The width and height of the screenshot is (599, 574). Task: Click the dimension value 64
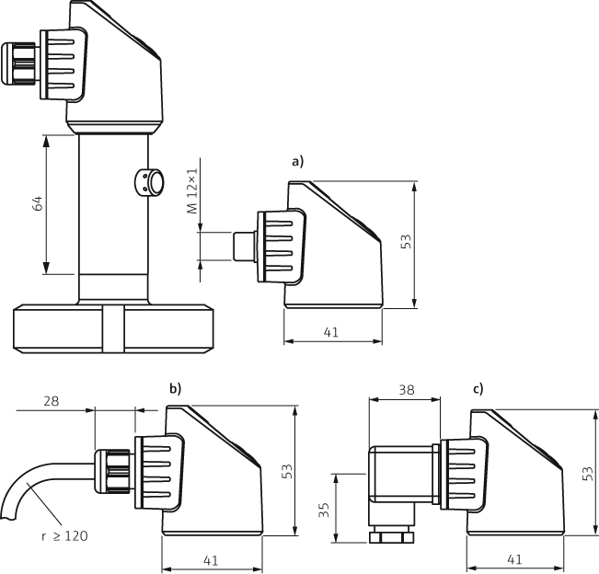[x=38, y=205]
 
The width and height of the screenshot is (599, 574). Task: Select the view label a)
[x=297, y=161]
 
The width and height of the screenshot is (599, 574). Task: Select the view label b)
[x=175, y=389]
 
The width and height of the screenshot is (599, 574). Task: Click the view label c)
[x=478, y=389]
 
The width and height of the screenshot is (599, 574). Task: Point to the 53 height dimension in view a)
[x=405, y=242]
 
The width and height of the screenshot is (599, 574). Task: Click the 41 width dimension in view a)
[x=331, y=332]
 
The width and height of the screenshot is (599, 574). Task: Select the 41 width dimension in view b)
[x=212, y=558]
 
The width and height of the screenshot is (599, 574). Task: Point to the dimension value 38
[x=405, y=390]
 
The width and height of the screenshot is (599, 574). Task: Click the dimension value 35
[x=324, y=509]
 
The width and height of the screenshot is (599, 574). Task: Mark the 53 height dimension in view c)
[x=587, y=471]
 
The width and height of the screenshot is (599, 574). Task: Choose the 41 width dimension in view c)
[x=515, y=558]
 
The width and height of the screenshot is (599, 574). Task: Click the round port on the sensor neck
[x=151, y=182]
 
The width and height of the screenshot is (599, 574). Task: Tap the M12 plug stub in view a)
[x=244, y=246]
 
